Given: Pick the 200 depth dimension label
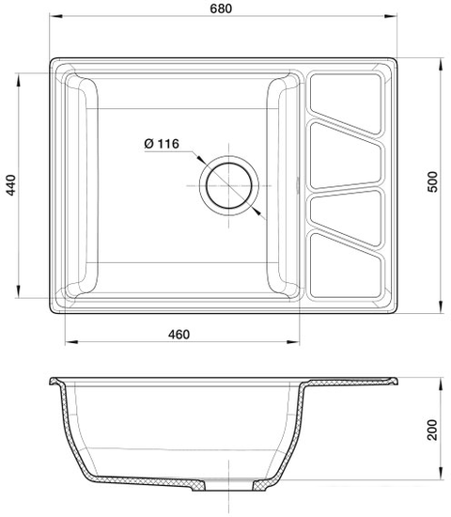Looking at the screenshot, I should [433, 431].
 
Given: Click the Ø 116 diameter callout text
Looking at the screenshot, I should [163, 144].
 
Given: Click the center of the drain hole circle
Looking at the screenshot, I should [228, 183].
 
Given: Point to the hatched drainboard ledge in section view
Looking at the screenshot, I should [352, 384].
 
